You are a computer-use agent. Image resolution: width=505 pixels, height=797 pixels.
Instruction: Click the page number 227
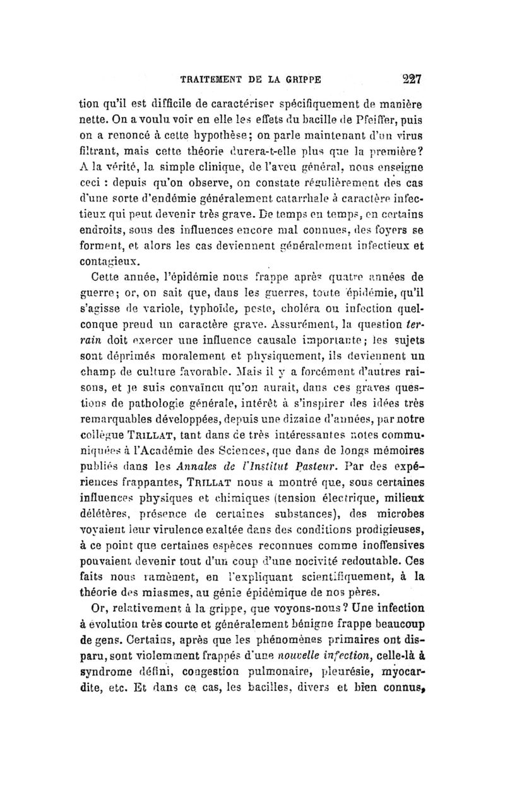point(409,80)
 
